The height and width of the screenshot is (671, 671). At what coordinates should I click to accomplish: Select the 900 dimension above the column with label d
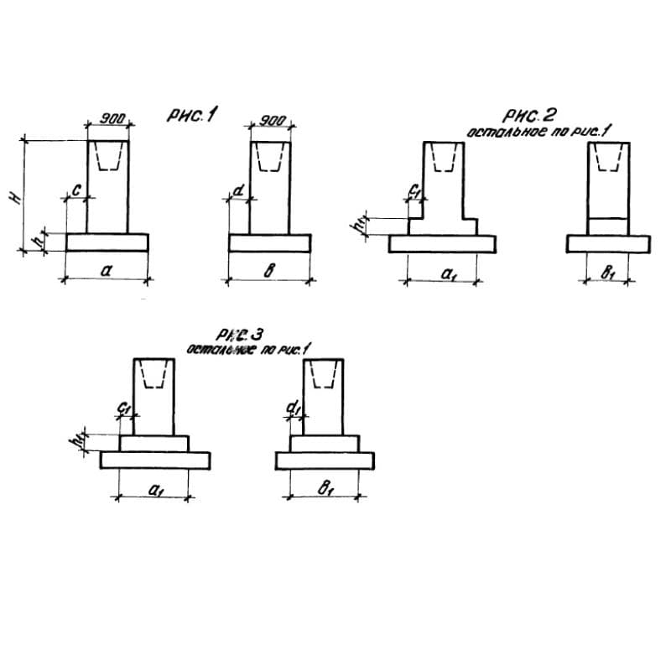coord(270,120)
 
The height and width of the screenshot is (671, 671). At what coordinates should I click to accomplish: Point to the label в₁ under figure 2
coord(608,273)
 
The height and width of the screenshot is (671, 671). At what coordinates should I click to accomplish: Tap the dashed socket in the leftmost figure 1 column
coord(108,157)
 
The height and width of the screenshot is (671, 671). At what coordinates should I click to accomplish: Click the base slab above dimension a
coord(107,242)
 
